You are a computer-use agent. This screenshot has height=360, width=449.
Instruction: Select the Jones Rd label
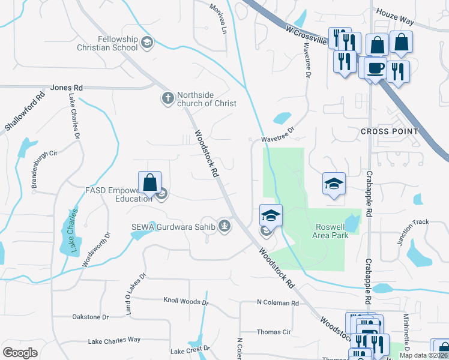click(x=67, y=88)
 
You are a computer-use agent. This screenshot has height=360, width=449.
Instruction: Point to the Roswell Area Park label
click(x=331, y=231)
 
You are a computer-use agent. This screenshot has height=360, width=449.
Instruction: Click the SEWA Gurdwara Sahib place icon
click(x=224, y=226)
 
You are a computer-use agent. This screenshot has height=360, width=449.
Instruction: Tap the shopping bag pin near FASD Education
click(x=150, y=182)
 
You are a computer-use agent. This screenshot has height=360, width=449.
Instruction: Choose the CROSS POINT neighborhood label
click(x=390, y=131)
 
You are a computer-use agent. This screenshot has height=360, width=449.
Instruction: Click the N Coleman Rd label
click(x=277, y=303)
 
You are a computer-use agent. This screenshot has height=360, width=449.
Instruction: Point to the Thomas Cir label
click(x=274, y=332)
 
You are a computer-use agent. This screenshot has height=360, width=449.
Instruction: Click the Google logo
click(x=20, y=353)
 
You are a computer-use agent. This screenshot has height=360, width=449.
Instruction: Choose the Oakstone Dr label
click(x=90, y=317)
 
